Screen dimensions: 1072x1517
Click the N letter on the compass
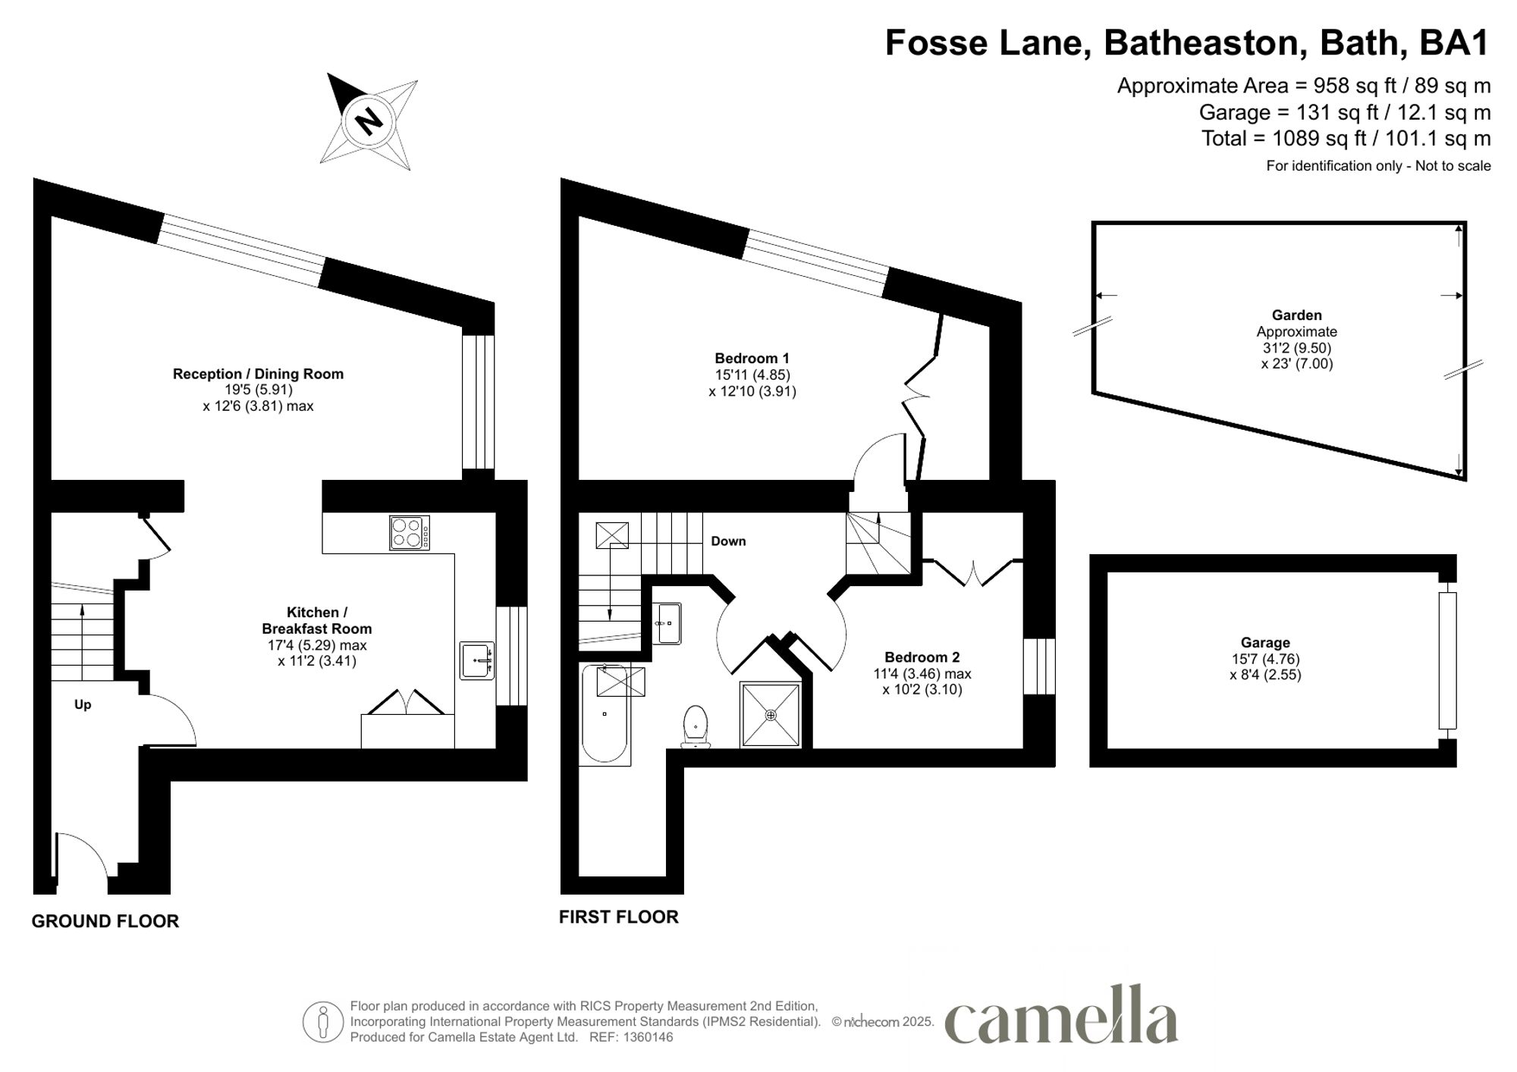pos(369,121)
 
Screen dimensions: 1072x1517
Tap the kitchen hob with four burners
pos(410,532)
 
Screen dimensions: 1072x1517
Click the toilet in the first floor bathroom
pos(696,726)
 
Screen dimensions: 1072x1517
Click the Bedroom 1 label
pos(752,359)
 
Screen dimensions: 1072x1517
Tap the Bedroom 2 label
pos(922,657)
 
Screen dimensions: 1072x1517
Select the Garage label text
pos(1265,643)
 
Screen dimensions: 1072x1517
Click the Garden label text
pos(1296,315)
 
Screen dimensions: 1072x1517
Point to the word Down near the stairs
pos(728,541)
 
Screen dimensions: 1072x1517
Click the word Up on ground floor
pos(83,705)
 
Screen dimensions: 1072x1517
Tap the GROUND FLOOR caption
pos(105,921)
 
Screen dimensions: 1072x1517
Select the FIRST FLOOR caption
pos(618,917)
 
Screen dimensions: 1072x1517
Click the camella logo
pos(1061,1016)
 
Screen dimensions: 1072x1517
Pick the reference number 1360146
pos(648,1037)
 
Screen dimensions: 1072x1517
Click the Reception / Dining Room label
pos(258,374)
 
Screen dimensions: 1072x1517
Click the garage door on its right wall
pos(1447,660)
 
